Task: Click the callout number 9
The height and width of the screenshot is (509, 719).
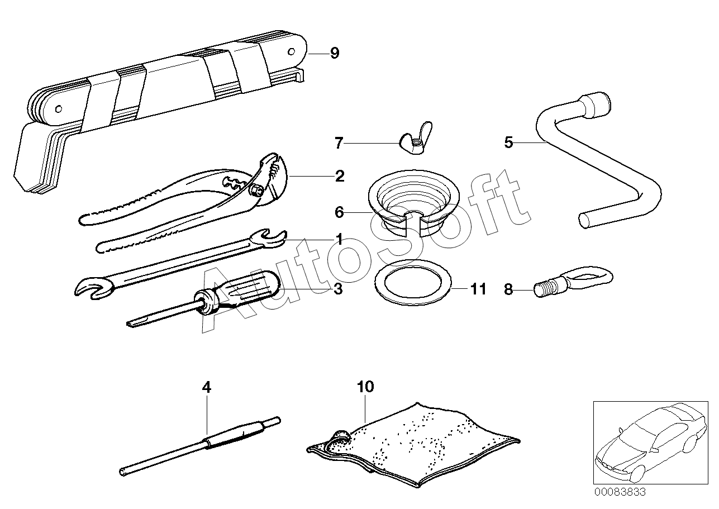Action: tap(335, 53)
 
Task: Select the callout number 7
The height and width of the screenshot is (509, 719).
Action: tap(339, 143)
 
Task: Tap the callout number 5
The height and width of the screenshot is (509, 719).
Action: tap(508, 142)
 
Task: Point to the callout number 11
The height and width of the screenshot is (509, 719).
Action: tap(478, 289)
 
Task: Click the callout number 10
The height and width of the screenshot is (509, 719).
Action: tap(365, 387)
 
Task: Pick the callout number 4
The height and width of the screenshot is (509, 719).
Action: tap(207, 387)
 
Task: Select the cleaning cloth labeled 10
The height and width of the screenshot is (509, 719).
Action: tap(413, 445)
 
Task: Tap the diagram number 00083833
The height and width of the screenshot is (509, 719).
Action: tap(620, 492)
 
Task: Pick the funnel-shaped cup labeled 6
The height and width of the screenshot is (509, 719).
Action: tap(414, 203)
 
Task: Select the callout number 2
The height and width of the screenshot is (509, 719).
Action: tap(340, 176)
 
